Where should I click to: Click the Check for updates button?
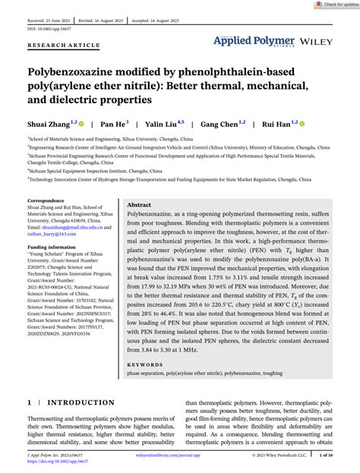335,5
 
